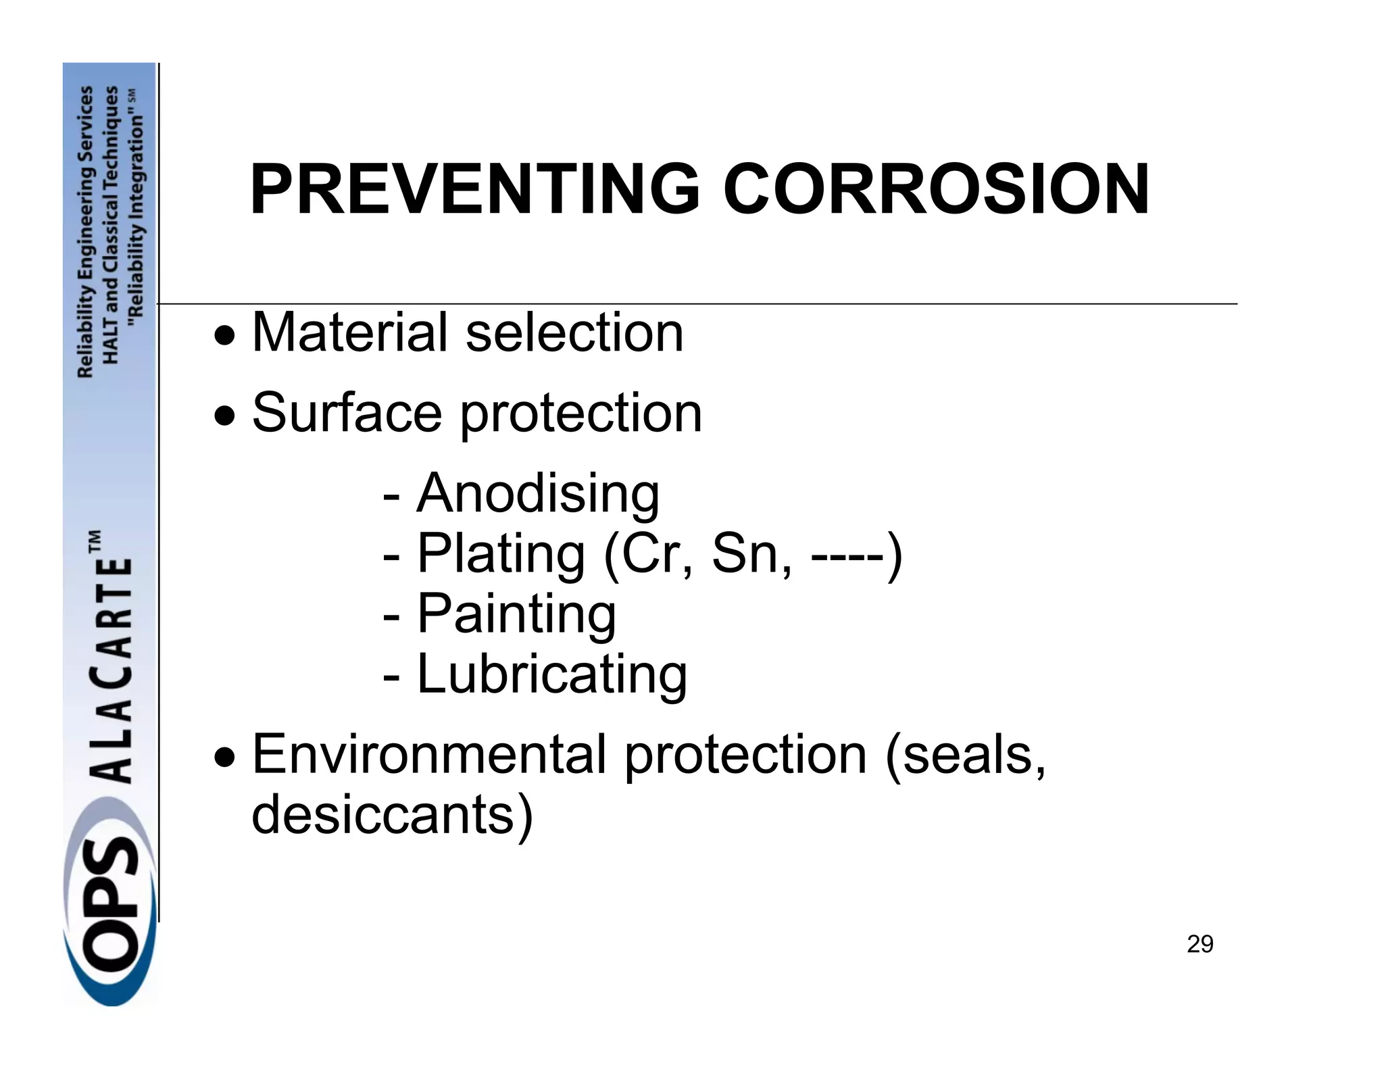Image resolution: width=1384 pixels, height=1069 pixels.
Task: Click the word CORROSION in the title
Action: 936,190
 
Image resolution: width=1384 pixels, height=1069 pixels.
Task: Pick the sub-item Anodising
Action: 537,493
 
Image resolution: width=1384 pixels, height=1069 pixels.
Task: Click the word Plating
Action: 501,554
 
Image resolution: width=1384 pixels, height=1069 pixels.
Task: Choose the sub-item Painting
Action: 516,614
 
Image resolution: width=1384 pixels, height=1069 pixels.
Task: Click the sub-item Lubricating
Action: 551,674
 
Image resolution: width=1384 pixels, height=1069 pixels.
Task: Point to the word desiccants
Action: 392,814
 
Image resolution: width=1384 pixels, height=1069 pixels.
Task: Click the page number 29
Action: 1200,944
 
